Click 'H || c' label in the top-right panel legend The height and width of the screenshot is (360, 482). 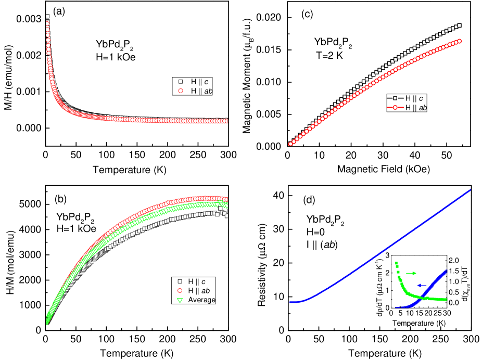point(415,98)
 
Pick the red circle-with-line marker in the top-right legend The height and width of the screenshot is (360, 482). point(395,108)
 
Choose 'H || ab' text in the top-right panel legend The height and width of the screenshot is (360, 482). point(417,108)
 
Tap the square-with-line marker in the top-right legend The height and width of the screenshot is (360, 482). point(395,98)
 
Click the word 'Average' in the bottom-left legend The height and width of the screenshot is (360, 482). point(201,300)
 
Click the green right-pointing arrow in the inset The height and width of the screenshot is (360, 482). point(411,273)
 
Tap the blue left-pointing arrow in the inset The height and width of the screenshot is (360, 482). point(422,285)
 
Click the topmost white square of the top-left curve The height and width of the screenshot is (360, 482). point(47,16)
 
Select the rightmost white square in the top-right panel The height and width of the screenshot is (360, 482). point(459,25)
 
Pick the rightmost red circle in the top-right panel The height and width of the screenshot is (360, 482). point(459,41)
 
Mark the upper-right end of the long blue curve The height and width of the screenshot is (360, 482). point(471,190)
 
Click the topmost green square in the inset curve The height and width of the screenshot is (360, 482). point(396,262)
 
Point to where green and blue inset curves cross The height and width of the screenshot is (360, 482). point(423,298)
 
